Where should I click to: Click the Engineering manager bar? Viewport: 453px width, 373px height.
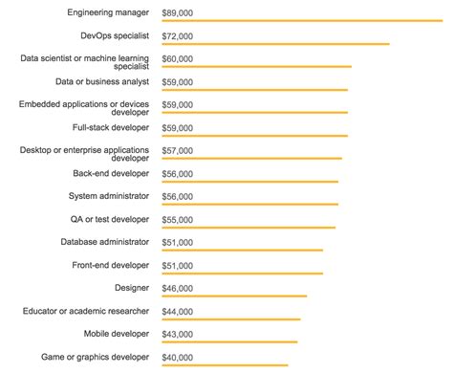click(x=302, y=21)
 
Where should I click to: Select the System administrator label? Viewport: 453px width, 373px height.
click(x=109, y=196)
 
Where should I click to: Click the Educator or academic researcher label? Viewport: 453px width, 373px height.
click(x=86, y=311)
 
